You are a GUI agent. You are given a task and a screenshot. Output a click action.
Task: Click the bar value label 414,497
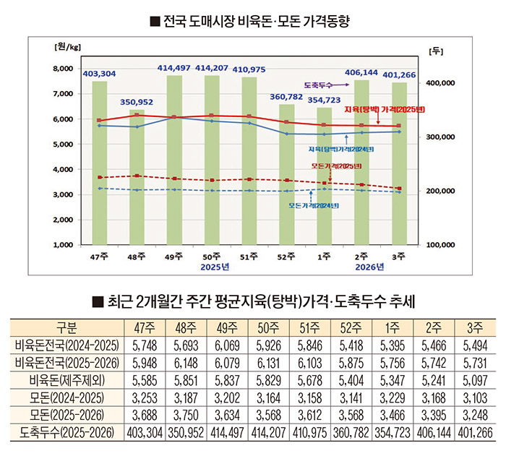173,68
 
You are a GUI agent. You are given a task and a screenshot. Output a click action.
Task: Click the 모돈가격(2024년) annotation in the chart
314,205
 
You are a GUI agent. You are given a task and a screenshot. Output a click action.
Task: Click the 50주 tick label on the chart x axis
211,257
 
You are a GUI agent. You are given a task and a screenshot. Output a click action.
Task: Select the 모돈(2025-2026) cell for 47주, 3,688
141,416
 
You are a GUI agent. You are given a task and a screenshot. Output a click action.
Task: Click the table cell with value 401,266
475,433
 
